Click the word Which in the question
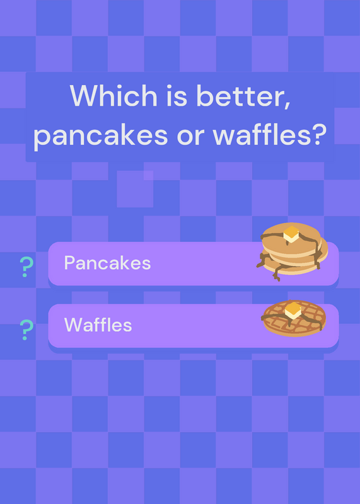coord(113,96)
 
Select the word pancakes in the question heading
coord(101,135)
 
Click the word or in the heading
coord(190,137)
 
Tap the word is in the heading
coord(177,96)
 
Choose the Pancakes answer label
coord(107,263)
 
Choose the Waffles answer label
coord(98,324)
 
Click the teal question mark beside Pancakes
coord(26,266)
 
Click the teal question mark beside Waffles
coord(26,329)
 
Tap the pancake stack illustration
coord(292,250)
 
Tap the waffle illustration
coord(293,318)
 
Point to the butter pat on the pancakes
coord(291,234)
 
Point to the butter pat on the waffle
coord(293,311)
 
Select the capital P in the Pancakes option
coord(70,262)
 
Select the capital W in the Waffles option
coord(74,324)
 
